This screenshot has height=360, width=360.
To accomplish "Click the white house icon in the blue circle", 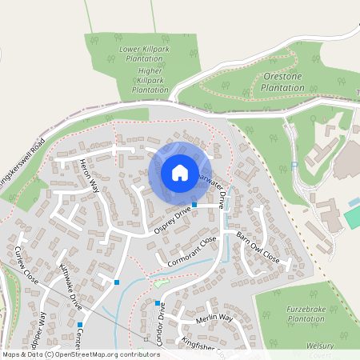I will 179,173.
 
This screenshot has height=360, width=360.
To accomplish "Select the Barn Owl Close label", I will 258,247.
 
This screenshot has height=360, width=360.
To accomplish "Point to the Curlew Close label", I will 26,266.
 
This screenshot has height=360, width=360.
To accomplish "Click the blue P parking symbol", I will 294,165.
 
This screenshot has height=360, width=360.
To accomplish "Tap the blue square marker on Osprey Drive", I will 194,205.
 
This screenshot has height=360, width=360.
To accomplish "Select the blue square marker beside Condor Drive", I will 158,303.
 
